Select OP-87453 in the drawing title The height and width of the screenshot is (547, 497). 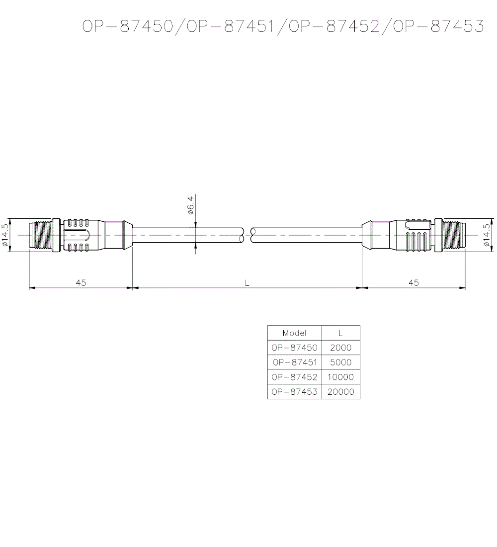tap(438, 27)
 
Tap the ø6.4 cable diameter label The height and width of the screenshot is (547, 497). tap(190, 205)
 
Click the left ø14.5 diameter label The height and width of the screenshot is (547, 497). tap(5, 235)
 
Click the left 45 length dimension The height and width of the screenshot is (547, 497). tap(81, 282)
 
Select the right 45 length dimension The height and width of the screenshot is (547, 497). tap(414, 282)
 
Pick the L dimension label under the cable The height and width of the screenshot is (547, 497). tap(247, 282)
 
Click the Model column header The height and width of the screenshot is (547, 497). tap(294, 333)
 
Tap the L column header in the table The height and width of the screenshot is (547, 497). tap(340, 333)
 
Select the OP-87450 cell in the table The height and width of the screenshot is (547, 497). tap(294, 348)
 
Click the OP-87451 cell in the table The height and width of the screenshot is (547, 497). tap(294, 363)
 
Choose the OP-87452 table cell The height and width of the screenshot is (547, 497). tap(294, 377)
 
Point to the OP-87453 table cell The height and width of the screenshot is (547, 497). tap(294, 392)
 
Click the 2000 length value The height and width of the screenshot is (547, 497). tap(340, 348)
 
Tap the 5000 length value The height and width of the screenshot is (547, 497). tap(340, 363)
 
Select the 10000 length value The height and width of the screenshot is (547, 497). tap(340, 377)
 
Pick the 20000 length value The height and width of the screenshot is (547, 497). tap(340, 392)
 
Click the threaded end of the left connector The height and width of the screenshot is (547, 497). tap(40, 235)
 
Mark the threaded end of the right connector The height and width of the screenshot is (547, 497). tap(454, 235)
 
